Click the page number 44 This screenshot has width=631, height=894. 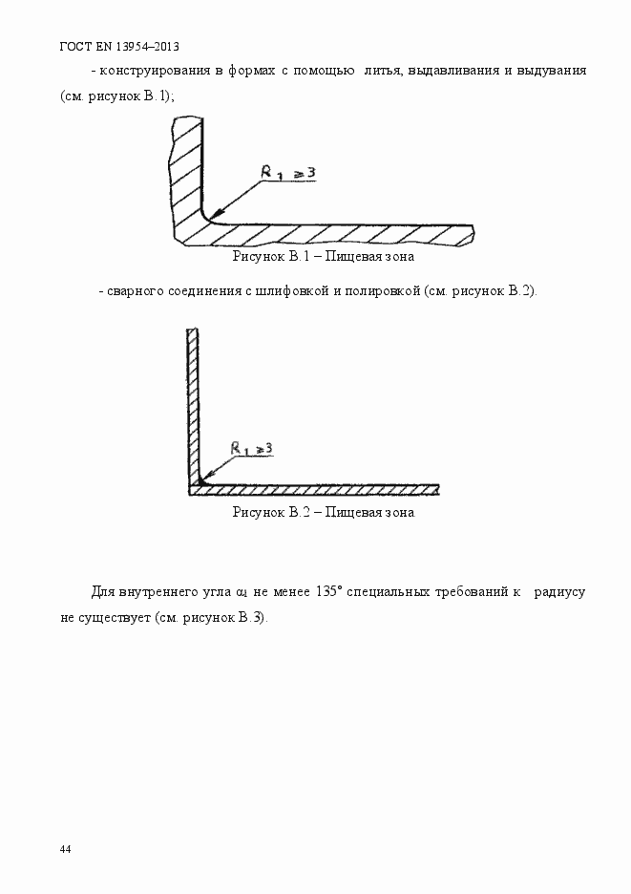(65, 849)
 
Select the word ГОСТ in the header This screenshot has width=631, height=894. (75, 46)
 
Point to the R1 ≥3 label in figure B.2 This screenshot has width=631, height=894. (252, 447)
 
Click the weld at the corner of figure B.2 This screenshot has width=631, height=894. (199, 481)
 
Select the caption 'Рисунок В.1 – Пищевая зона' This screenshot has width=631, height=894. (323, 257)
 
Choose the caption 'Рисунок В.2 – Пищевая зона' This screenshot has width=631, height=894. (323, 512)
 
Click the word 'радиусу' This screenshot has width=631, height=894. (558, 591)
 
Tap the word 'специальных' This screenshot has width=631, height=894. (393, 591)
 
